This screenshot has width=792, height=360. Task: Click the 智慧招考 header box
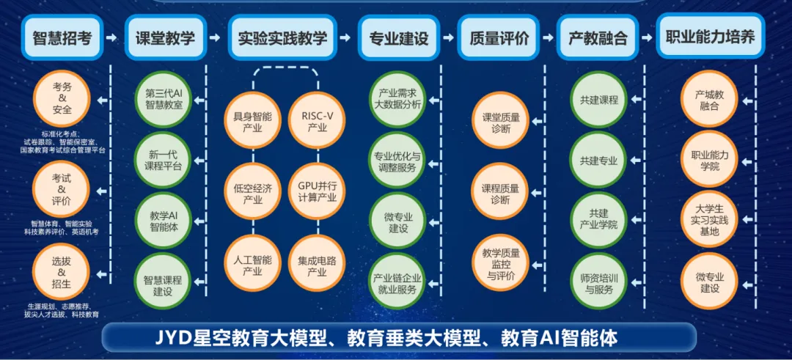click(x=62, y=37)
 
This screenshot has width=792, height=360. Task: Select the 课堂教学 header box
click(x=164, y=37)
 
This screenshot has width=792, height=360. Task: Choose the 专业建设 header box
click(x=398, y=37)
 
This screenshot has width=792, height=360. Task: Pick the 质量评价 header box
click(x=499, y=37)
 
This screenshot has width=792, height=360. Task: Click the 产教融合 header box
click(x=598, y=37)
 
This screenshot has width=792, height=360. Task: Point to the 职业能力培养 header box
click(x=709, y=36)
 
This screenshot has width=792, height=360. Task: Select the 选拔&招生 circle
click(x=62, y=272)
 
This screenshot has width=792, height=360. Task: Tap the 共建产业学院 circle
click(x=598, y=218)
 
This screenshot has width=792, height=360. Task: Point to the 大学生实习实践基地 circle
click(x=710, y=218)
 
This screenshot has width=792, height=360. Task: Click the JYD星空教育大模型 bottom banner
click(x=397, y=338)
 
